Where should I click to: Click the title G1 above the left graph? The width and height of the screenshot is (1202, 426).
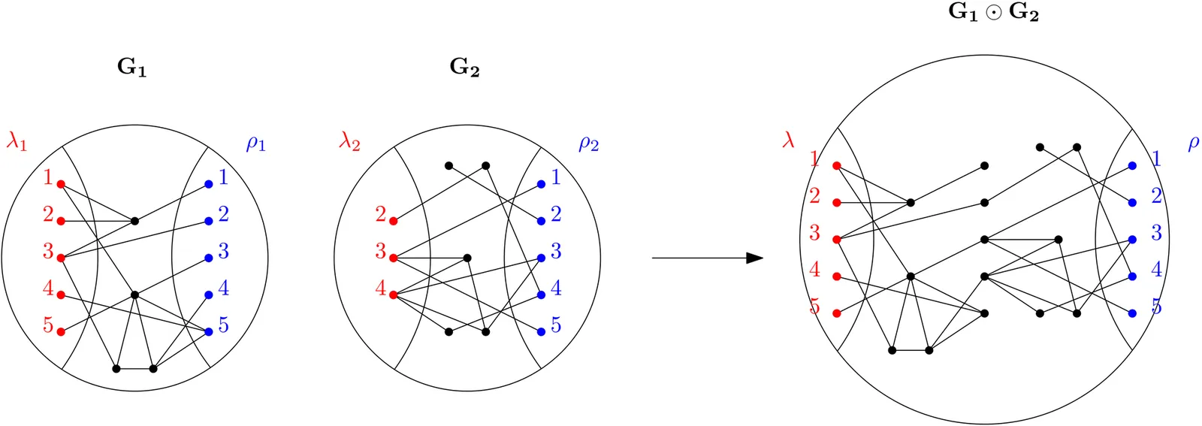click(x=131, y=68)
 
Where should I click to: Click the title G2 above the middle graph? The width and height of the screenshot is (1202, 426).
click(x=464, y=68)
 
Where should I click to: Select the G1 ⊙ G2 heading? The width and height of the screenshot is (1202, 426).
click(x=993, y=13)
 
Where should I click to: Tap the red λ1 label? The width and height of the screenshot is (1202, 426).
click(x=17, y=140)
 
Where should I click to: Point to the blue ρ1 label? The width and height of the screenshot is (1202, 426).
click(x=256, y=143)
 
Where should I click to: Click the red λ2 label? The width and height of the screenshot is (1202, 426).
click(x=349, y=140)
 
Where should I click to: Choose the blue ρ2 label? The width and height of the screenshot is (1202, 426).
click(x=588, y=143)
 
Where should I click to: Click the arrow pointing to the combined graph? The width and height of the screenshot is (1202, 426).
click(x=707, y=258)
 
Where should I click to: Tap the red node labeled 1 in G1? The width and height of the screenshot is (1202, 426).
click(x=61, y=184)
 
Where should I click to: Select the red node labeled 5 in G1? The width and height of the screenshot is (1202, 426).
click(x=61, y=331)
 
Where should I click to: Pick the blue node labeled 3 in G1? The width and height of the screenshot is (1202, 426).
click(x=208, y=258)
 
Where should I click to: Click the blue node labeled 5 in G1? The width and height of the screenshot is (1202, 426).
click(x=208, y=331)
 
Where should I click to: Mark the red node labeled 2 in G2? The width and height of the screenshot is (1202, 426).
click(x=393, y=221)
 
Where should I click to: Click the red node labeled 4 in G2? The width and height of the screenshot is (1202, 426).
click(x=393, y=295)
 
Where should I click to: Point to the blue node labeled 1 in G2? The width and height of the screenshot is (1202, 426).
click(x=541, y=184)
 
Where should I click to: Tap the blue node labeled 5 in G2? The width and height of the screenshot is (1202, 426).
click(x=541, y=331)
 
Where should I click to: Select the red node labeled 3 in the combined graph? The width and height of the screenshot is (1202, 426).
click(x=837, y=240)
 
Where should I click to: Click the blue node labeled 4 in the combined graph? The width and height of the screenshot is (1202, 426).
click(x=1132, y=276)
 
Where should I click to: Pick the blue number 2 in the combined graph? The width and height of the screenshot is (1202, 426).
click(x=1156, y=196)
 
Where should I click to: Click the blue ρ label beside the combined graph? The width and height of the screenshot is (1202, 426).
click(x=1193, y=143)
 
